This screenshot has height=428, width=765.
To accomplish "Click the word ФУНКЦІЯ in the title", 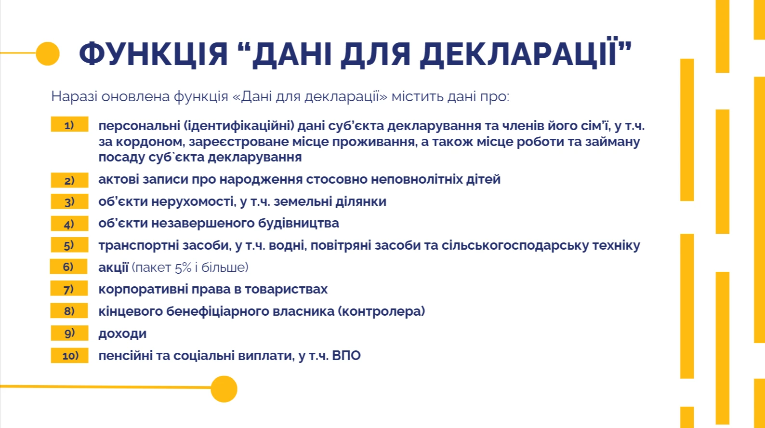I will (153, 53).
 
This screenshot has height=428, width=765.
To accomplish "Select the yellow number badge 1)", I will (69, 124).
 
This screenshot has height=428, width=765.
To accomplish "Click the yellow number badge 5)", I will (69, 245).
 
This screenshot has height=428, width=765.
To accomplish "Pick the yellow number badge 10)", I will (70, 355).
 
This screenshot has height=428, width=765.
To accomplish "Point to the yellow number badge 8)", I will (69, 311).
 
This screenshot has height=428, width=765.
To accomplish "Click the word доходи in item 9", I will (122, 334).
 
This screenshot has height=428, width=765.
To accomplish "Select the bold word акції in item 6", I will (113, 267).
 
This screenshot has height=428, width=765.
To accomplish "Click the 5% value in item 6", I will (183, 267).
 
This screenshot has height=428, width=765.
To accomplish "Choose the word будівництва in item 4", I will (299, 223).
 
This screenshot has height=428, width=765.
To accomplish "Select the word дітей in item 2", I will (483, 179).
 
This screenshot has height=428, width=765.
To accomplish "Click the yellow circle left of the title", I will (48, 53).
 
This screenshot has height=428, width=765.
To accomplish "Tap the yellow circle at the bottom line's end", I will (224, 389).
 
